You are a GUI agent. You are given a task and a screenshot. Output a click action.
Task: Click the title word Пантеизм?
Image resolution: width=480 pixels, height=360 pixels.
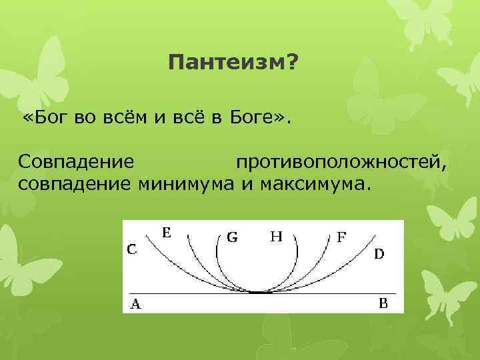tap(233, 65)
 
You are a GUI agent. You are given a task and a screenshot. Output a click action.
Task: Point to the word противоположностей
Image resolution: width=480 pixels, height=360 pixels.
tap(340, 162)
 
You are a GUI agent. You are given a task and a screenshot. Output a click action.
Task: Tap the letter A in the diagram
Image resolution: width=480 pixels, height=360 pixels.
tap(135, 305)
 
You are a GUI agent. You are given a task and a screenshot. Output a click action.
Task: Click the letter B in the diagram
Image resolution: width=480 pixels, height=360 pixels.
tap(383, 304)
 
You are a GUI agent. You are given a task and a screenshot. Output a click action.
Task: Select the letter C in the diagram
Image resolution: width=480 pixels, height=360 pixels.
tap(133, 249)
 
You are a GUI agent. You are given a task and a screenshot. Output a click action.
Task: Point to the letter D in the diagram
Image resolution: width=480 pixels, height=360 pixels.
tap(378, 253)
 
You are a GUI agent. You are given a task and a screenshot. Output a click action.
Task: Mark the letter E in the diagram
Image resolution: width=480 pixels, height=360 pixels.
tap(167, 232)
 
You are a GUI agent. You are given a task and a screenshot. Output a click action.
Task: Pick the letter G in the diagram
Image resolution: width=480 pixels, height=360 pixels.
tap(233, 237)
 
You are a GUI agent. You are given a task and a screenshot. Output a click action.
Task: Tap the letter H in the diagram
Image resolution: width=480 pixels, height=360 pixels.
tap(275, 236)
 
